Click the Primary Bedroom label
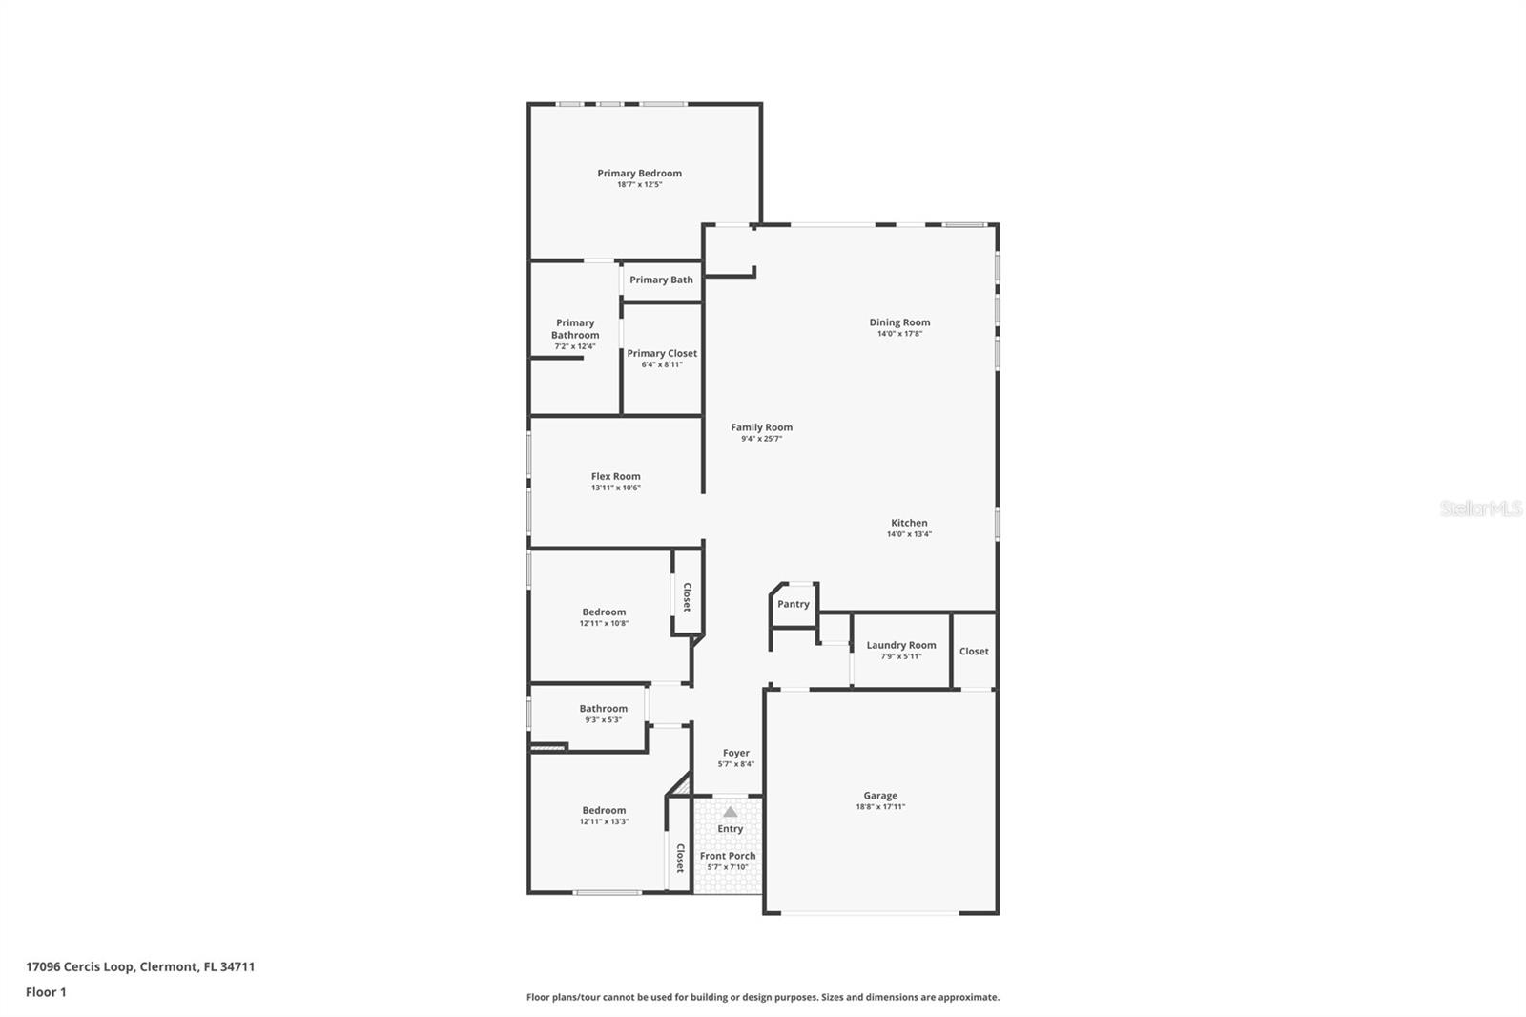point(639,173)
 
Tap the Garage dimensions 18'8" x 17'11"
point(879,807)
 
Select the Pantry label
point(793,604)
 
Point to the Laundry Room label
point(900,645)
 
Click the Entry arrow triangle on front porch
point(730,812)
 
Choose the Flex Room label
point(615,476)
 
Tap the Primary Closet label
point(662,353)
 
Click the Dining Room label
point(898,322)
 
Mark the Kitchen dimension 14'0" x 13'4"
point(908,534)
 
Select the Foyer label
point(735,753)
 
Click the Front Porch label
point(727,856)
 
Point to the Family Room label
point(761,427)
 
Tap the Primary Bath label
point(661,280)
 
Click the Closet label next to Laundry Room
point(974,652)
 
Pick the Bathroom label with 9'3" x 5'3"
point(603,708)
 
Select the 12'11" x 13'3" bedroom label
point(604,810)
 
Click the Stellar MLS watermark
point(1480,508)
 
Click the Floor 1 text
point(46,992)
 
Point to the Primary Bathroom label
point(575,328)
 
